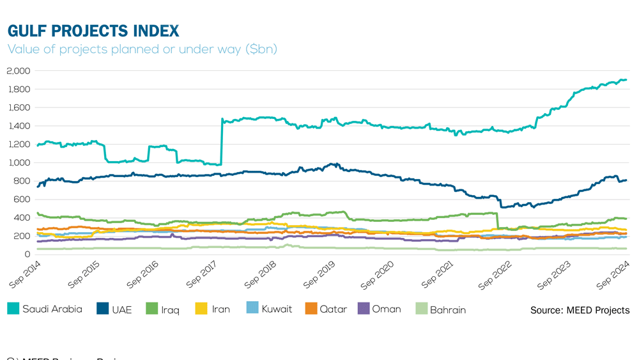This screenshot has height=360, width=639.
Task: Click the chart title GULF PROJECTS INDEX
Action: (93, 31)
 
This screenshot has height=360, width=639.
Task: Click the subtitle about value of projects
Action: (142, 49)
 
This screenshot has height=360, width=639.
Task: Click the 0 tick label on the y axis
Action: (27, 254)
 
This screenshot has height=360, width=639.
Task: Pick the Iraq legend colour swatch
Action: (152, 309)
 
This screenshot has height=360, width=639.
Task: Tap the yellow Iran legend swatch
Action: (201, 309)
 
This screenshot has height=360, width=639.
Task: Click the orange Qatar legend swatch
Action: (310, 309)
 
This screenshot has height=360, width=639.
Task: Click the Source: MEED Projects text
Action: (580, 310)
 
